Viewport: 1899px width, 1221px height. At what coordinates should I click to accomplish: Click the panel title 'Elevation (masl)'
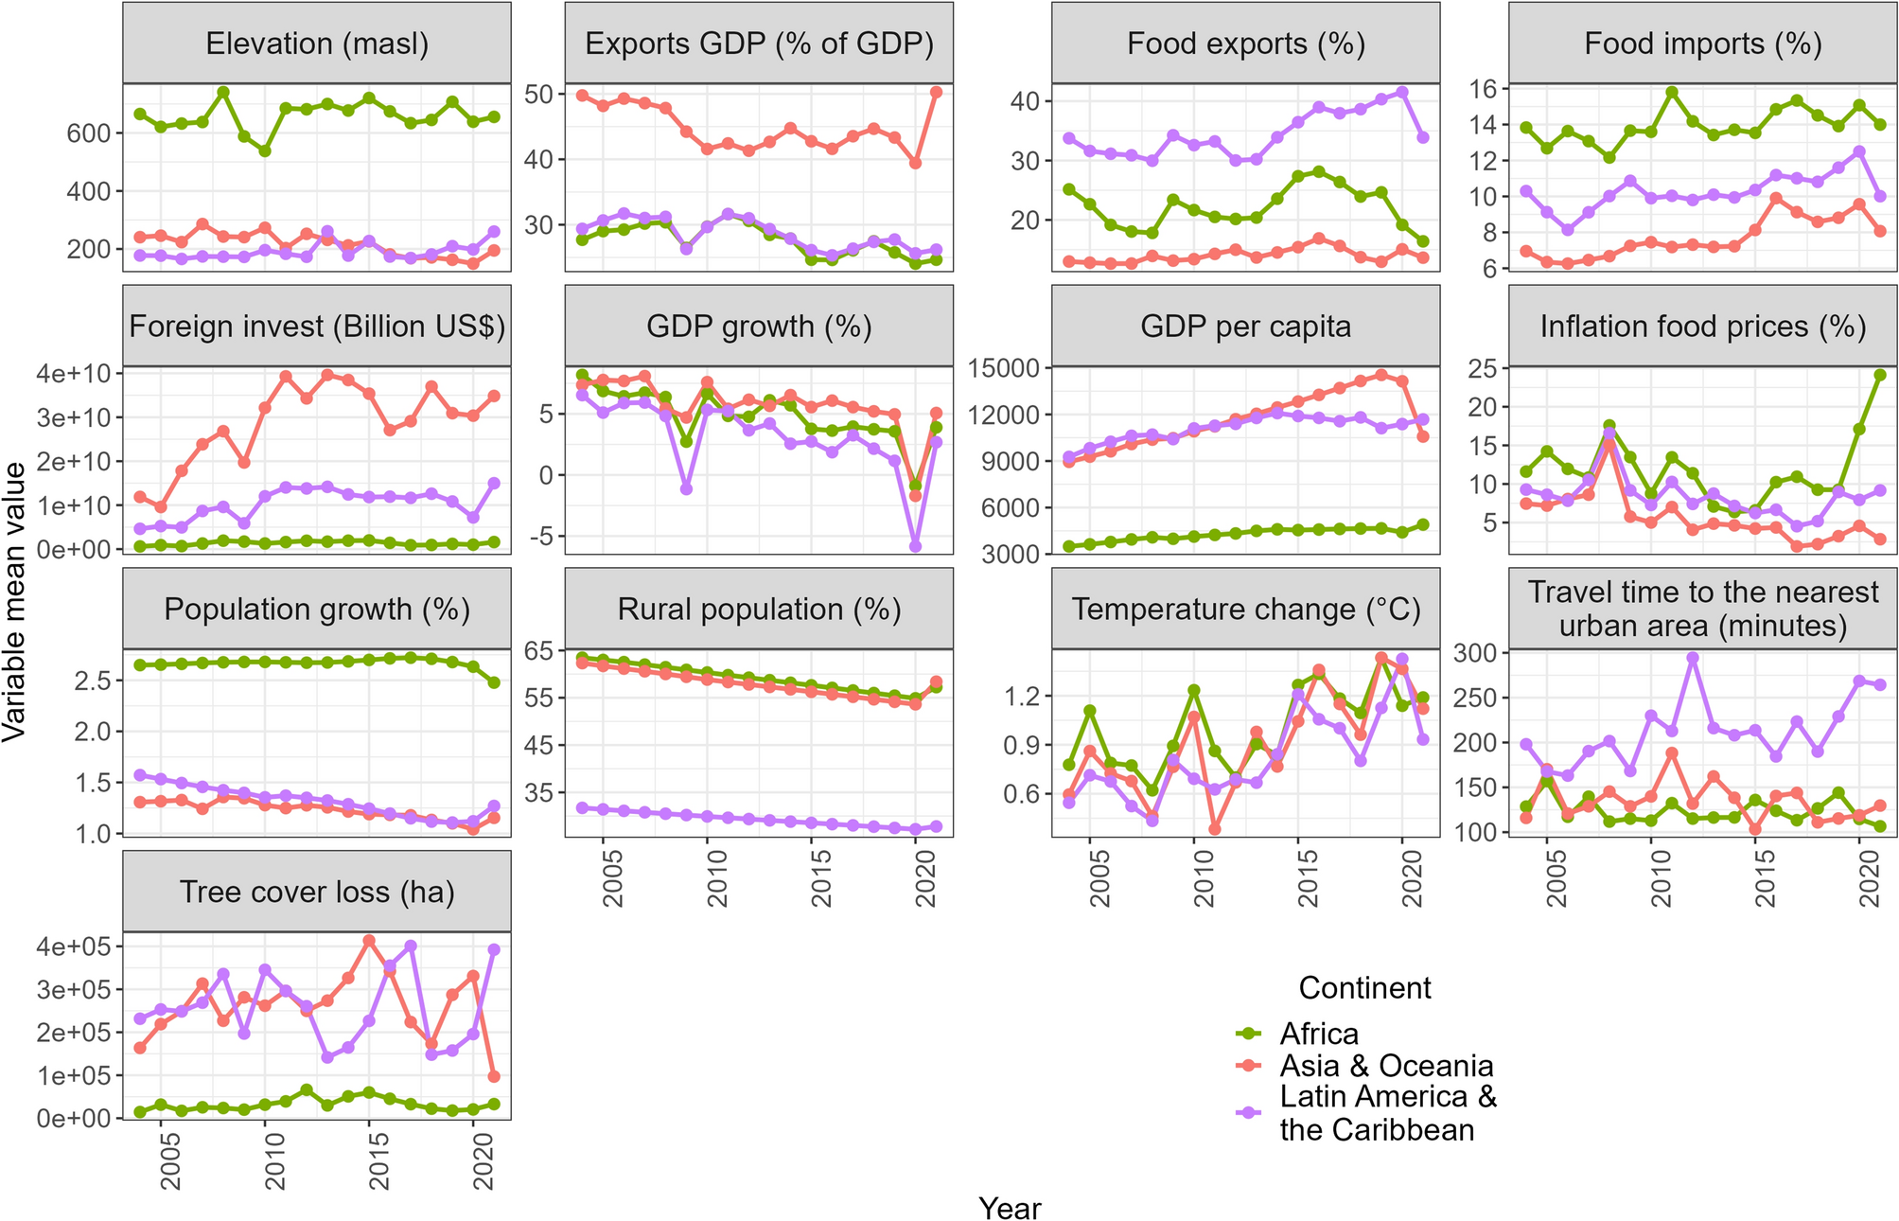pyautogui.click(x=317, y=44)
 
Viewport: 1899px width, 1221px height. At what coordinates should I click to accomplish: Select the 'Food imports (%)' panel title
pyautogui.click(x=1703, y=44)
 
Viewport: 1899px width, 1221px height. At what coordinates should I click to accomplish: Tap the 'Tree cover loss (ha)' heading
pyautogui.click(x=317, y=892)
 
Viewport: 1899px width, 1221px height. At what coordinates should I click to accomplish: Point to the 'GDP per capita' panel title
pyautogui.click(x=1245, y=327)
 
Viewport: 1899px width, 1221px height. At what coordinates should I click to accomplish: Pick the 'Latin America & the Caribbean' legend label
pyautogui.click(x=1388, y=1113)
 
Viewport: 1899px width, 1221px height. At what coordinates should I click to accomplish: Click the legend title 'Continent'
pyautogui.click(x=1364, y=988)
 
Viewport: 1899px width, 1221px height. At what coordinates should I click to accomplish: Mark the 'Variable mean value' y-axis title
pyautogui.click(x=15, y=603)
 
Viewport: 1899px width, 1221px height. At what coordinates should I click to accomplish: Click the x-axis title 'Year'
pyautogui.click(x=1010, y=1209)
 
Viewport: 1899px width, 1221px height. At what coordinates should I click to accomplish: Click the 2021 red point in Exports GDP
pyautogui.click(x=936, y=92)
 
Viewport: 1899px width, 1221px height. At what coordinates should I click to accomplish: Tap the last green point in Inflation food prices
pyautogui.click(x=1880, y=375)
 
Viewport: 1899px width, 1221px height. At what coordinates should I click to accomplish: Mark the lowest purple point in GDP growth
pyautogui.click(x=915, y=546)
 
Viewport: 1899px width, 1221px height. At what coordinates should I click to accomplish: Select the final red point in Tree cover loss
pyautogui.click(x=493, y=1076)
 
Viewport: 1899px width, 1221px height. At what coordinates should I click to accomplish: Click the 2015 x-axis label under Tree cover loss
pyautogui.click(x=378, y=1163)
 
